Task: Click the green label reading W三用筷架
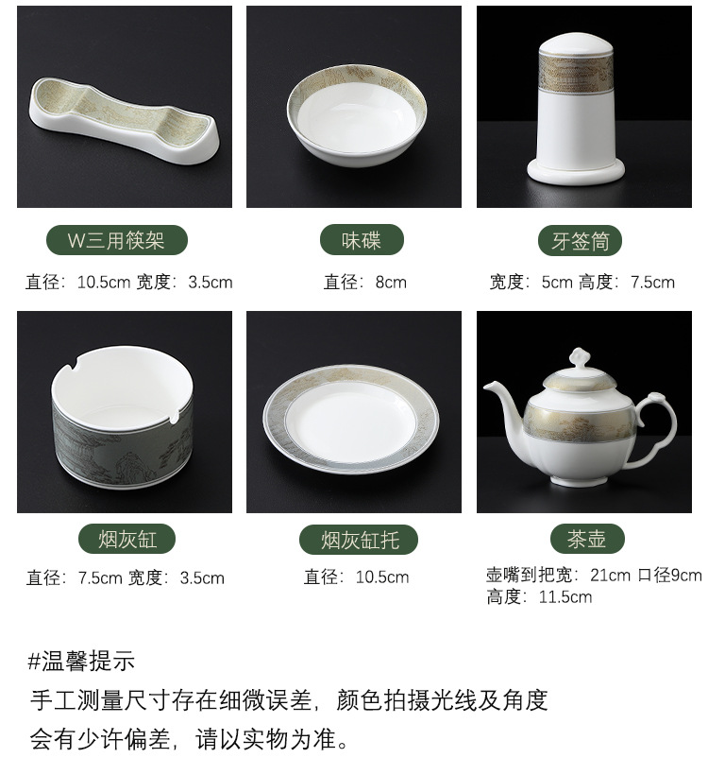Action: tap(117, 240)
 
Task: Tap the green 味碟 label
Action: tap(362, 240)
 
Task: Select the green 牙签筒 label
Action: tap(580, 241)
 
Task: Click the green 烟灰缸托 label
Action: tap(359, 540)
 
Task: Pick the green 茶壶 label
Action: tap(587, 539)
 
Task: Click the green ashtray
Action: tap(123, 417)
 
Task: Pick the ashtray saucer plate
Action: tap(351, 419)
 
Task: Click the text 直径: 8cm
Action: tap(365, 283)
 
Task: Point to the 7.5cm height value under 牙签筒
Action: tap(652, 283)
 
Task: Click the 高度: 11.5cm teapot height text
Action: tap(539, 597)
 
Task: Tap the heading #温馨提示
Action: tap(81, 662)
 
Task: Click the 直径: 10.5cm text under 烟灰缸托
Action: tap(356, 577)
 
